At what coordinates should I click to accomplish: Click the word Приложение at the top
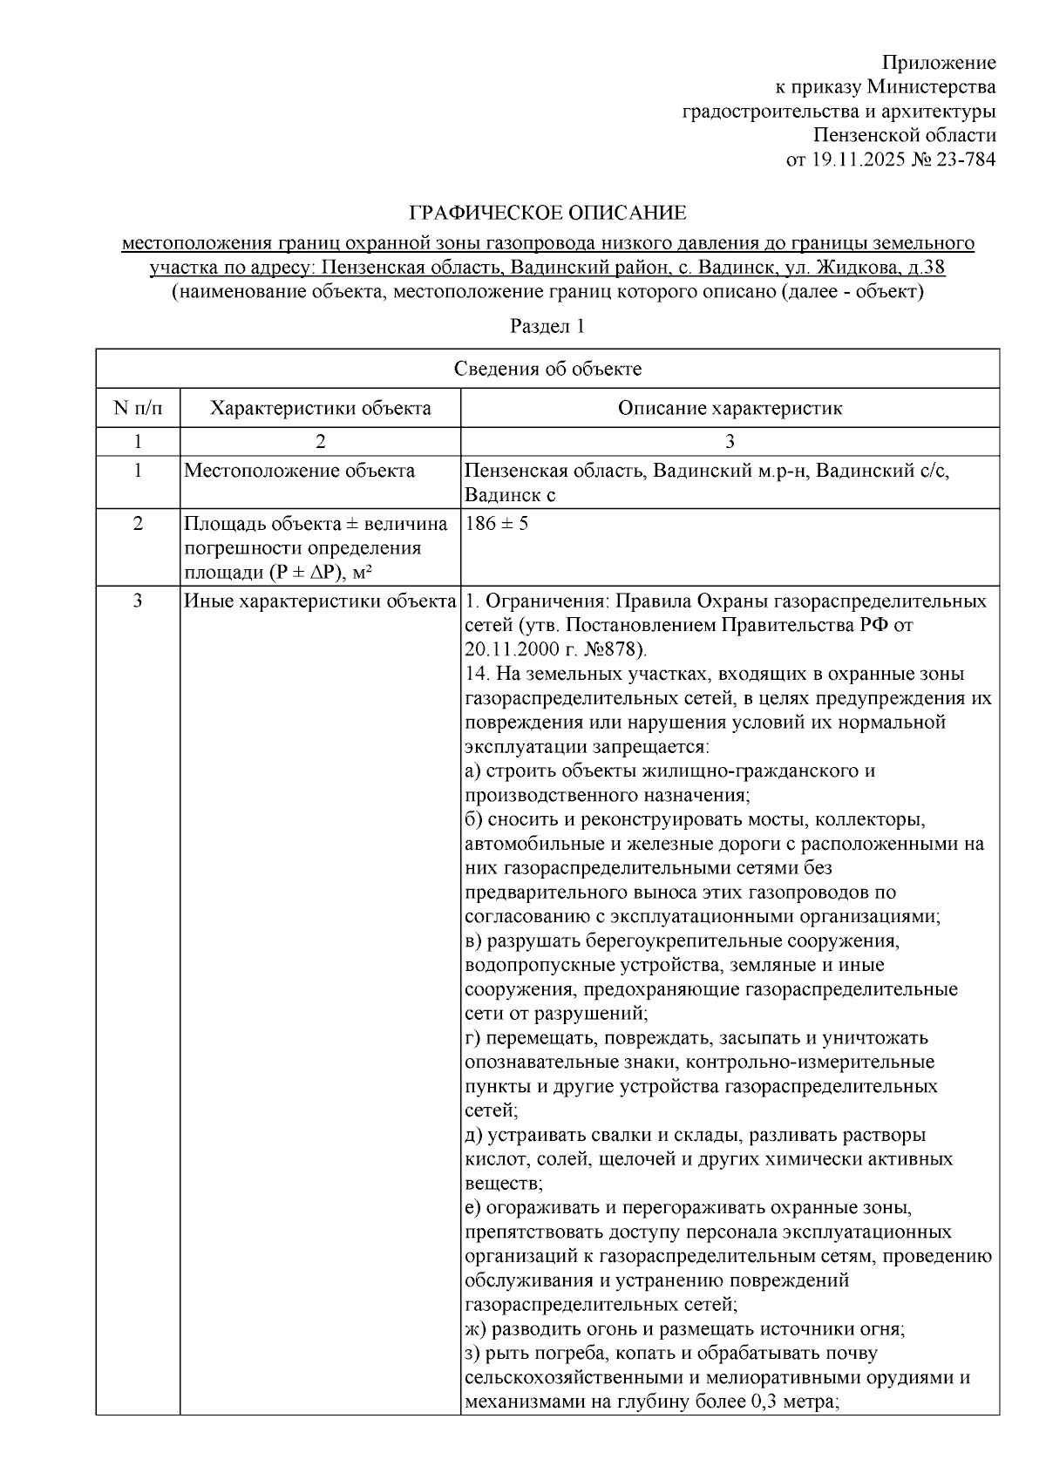click(x=939, y=63)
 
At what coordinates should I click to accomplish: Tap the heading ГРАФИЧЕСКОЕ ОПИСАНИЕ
click(x=548, y=214)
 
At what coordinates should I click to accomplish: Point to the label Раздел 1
click(x=547, y=327)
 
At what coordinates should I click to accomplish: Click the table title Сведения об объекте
click(x=547, y=369)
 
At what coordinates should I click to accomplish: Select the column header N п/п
click(x=138, y=408)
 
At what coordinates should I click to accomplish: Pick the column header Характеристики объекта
click(x=321, y=408)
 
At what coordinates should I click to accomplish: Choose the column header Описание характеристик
click(x=730, y=408)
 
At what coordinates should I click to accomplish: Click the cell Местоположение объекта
click(x=300, y=472)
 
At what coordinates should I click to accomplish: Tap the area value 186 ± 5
click(x=497, y=525)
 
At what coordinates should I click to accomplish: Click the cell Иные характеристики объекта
click(x=321, y=601)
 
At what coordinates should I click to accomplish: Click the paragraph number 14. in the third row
click(x=475, y=675)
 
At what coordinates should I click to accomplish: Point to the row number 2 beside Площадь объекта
click(x=138, y=525)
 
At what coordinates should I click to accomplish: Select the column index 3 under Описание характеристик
click(x=730, y=441)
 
